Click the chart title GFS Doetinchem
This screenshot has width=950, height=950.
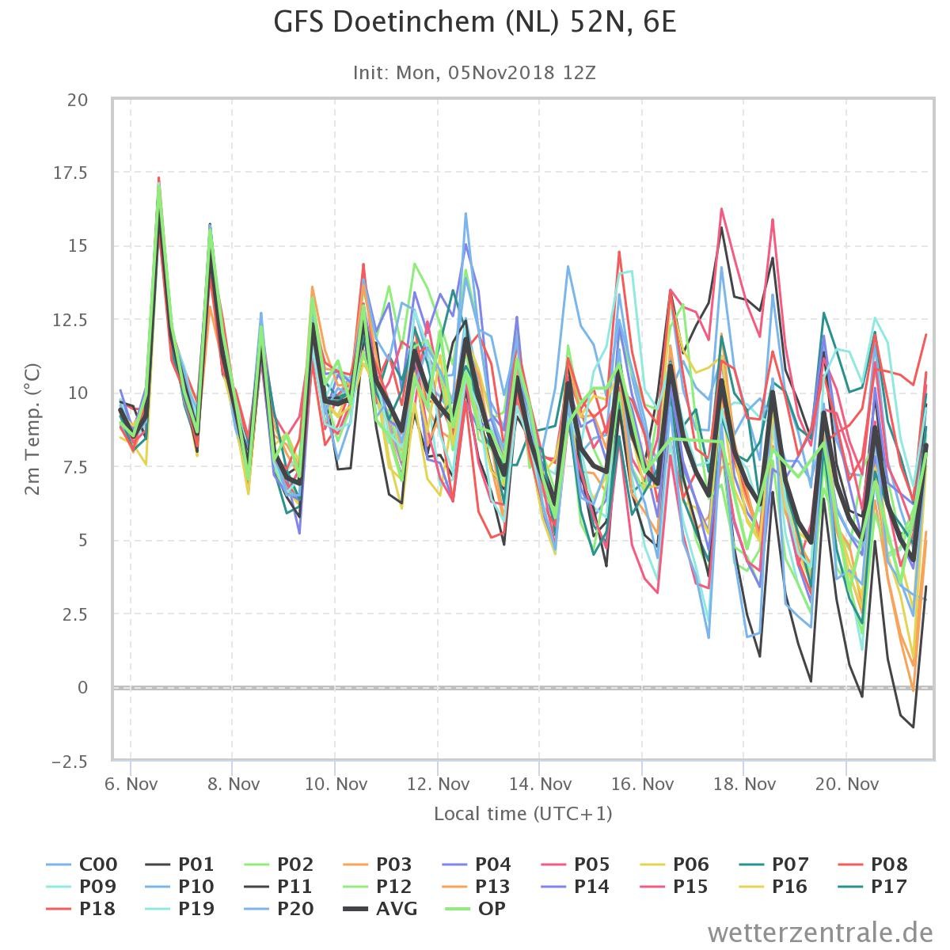pyautogui.click(x=474, y=23)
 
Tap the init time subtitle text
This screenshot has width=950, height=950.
pyautogui.click(x=474, y=73)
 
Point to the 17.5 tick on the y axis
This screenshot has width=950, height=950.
pyautogui.click(x=70, y=173)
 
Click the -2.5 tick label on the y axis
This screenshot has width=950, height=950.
pyautogui.click(x=70, y=762)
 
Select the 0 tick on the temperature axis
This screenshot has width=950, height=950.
pyautogui.click(x=82, y=687)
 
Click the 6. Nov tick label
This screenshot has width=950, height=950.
pyautogui.click(x=131, y=784)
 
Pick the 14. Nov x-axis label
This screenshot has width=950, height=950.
pyautogui.click(x=540, y=784)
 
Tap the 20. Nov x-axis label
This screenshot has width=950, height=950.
pyautogui.click(x=846, y=784)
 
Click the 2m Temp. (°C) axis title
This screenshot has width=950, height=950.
pyautogui.click(x=32, y=429)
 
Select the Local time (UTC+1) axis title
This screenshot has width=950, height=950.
pyautogui.click(x=523, y=814)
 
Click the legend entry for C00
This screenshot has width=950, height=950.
pyautogui.click(x=82, y=864)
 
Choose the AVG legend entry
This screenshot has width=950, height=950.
pyautogui.click(x=380, y=909)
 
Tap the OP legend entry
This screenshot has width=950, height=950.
pyautogui.click(x=476, y=909)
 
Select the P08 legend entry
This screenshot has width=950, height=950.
pyautogui.click(x=872, y=864)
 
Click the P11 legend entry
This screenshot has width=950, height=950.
pyautogui.click(x=279, y=887)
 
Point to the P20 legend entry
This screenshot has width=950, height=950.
pyautogui.click(x=279, y=909)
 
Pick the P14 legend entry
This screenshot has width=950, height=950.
pyautogui.click(x=576, y=887)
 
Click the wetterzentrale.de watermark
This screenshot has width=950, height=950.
pyautogui.click(x=820, y=933)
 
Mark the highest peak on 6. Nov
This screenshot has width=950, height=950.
pyautogui.click(x=159, y=178)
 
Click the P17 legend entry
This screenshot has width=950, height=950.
pyautogui.click(x=872, y=887)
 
